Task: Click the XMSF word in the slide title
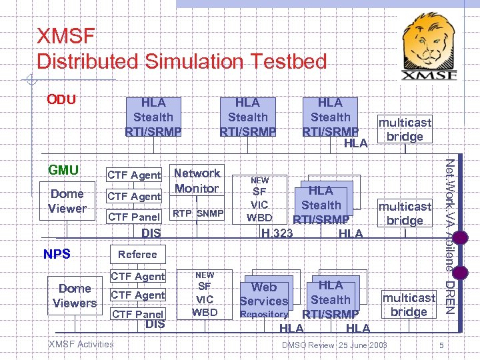67,35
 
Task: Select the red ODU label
61,100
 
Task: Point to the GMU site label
63,170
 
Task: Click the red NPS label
57,254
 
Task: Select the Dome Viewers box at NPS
75,295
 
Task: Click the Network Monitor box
196,181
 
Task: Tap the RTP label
182,213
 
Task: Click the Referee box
137,254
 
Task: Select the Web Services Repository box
264,298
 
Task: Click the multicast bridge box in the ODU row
405,129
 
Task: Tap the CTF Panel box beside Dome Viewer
135,217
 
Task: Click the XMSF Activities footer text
81,344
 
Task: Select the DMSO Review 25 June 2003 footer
334,345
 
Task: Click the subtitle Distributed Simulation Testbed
181,61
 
